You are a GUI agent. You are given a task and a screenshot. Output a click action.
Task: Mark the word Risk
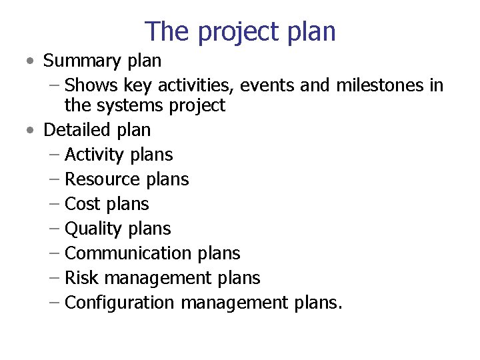click(x=81, y=278)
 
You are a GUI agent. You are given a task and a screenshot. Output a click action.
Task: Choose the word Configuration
click(x=120, y=303)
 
